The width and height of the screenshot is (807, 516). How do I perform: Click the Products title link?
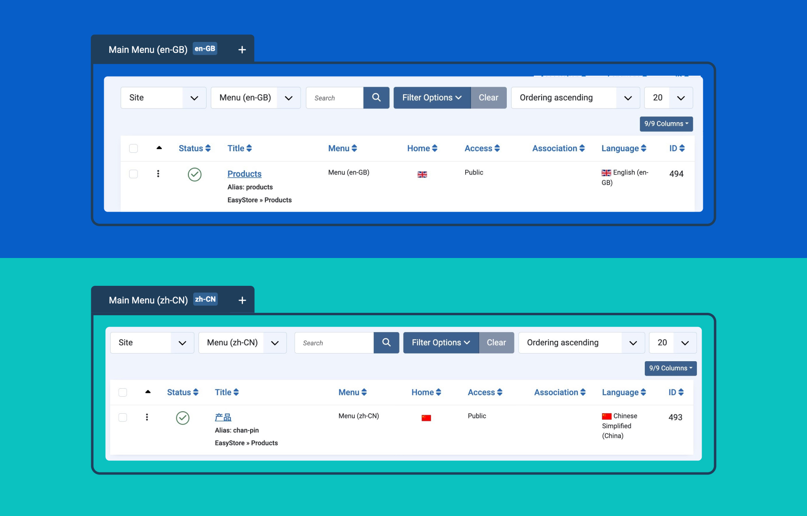pos(245,174)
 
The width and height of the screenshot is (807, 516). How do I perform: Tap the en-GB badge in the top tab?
pos(205,49)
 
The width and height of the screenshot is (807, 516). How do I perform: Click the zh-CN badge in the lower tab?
pos(205,299)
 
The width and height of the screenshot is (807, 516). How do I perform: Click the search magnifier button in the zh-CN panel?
pos(386,343)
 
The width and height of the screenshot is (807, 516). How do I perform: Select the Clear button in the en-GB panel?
pos(488,98)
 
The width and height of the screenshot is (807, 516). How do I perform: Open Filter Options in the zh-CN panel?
pos(441,343)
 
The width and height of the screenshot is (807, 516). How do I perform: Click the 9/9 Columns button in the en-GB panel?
pos(666,124)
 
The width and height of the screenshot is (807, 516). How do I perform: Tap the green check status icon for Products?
pos(194,175)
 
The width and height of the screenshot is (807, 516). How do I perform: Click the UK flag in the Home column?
pos(422,175)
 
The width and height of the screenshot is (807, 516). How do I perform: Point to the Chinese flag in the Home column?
pos(426,418)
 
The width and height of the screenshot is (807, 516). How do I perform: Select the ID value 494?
pos(676,174)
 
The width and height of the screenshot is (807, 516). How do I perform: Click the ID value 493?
pos(675,417)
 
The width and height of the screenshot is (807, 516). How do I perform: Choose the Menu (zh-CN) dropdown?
pos(243,343)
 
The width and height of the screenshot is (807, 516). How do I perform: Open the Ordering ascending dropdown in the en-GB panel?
pos(575,98)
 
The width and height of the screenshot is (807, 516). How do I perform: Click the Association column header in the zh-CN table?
pos(560,392)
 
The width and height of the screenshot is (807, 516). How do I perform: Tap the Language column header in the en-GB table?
pos(624,148)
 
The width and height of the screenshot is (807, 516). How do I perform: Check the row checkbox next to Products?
pos(134,174)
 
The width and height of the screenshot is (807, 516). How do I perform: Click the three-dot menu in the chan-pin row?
pos(147,417)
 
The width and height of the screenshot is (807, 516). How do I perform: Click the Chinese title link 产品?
pos(223,417)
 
